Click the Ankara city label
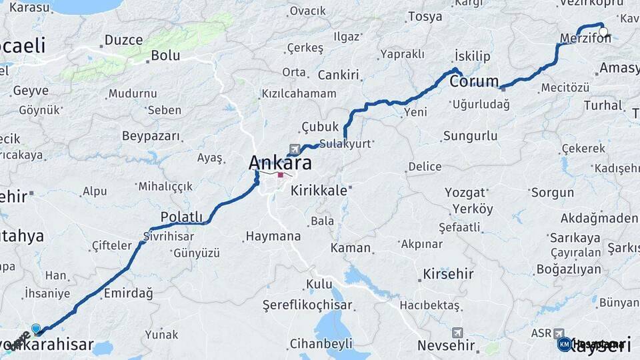click(280, 162)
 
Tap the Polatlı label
click(181, 217)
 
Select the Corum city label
click(474, 81)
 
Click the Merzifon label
click(585, 38)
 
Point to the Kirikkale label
click(319, 190)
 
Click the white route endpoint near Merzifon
click(603, 31)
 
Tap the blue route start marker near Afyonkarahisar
click(36, 329)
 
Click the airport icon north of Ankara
click(295, 149)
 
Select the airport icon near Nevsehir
click(457, 332)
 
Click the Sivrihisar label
click(169, 237)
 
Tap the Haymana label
click(273, 236)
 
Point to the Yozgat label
click(465, 193)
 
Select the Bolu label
click(165, 55)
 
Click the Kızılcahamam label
click(299, 93)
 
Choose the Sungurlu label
click(470, 136)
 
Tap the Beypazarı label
click(151, 136)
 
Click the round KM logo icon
click(564, 344)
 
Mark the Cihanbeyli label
click(321, 344)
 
